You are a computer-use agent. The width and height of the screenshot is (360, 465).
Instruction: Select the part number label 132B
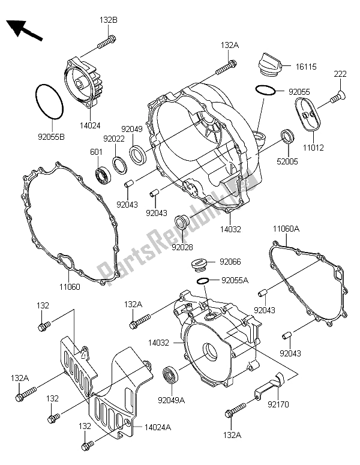pos(109,20)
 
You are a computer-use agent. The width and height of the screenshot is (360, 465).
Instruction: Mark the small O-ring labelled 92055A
pos(202,280)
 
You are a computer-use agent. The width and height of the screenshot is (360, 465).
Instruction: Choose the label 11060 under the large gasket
pos(68,287)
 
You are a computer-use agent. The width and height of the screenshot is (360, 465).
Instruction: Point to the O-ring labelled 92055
pos(265,91)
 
